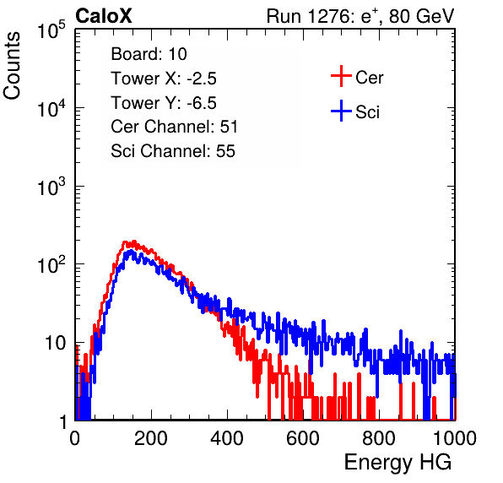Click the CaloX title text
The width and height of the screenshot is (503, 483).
(x=103, y=16)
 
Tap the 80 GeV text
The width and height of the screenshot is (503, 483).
(x=421, y=16)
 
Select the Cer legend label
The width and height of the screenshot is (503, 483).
(x=369, y=78)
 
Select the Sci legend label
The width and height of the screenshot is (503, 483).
(x=367, y=112)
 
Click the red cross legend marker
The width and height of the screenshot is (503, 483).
(x=341, y=76)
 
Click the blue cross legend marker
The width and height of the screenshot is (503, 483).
(x=341, y=111)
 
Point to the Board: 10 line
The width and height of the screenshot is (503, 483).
(x=149, y=54)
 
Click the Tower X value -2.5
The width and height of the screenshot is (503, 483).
(x=202, y=79)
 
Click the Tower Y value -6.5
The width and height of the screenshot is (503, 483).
(x=202, y=103)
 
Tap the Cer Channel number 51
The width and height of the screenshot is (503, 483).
(x=229, y=127)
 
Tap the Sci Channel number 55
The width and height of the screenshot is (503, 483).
(x=225, y=151)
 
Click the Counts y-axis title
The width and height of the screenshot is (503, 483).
(x=12, y=65)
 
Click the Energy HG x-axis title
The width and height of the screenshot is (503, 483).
(x=398, y=463)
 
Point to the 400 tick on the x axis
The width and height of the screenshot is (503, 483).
(x=227, y=438)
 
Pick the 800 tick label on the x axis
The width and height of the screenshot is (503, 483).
(x=379, y=438)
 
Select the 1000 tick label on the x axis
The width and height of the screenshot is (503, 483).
(x=455, y=438)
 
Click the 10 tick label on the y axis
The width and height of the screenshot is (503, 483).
(x=56, y=343)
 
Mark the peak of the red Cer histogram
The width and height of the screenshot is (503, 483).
(x=134, y=241)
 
